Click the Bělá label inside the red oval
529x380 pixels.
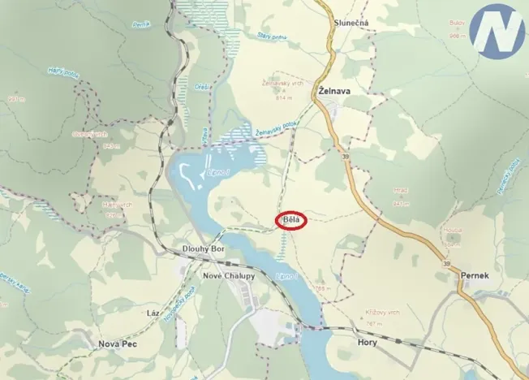pos(290,220)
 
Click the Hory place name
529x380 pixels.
pos(368,343)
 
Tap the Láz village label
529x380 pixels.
pos(152,313)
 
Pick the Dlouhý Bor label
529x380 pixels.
pos(202,248)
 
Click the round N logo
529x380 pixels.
pos(496,31)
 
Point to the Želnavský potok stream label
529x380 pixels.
pos(277,126)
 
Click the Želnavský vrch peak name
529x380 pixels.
pos(281,83)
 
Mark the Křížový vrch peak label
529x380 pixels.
pos(383,313)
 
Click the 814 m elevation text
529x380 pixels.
pos(284,97)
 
